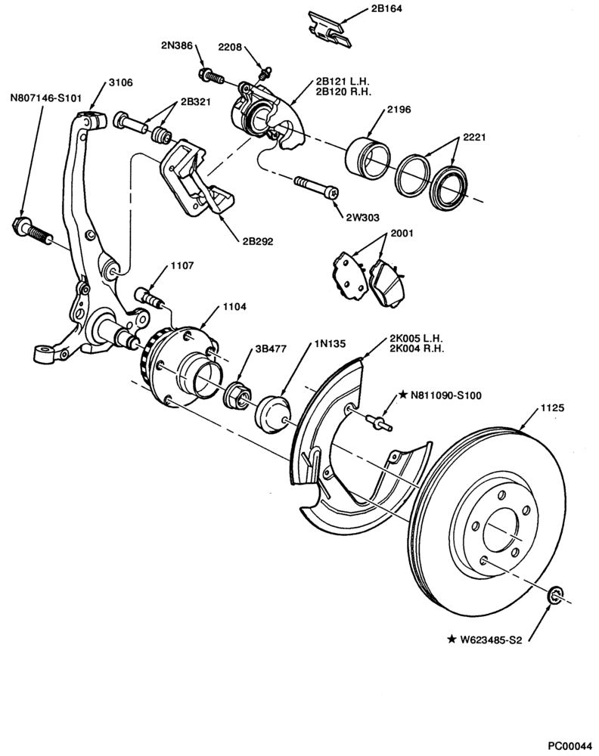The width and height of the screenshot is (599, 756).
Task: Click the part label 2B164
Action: pyautogui.click(x=386, y=8)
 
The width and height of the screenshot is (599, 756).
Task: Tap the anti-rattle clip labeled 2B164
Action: pyautogui.click(x=330, y=29)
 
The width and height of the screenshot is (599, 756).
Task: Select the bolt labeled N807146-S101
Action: pyautogui.click(x=32, y=231)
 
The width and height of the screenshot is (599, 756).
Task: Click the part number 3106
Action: pyautogui.click(x=120, y=82)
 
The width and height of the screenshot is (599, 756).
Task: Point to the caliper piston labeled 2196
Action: pyautogui.click(x=368, y=157)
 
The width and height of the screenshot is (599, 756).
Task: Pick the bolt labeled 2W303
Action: pyautogui.click(x=316, y=187)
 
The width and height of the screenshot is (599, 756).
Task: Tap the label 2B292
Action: pyautogui.click(x=258, y=241)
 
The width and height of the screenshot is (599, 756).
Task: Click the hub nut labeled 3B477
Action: pyautogui.click(x=237, y=395)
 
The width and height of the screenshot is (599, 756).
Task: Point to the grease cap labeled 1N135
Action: pyautogui.click(x=273, y=413)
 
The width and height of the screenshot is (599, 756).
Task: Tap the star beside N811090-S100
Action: pyautogui.click(x=402, y=395)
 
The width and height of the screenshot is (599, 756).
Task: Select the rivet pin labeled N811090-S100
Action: pyautogui.click(x=379, y=423)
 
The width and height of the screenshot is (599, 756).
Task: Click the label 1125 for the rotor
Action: pyautogui.click(x=552, y=408)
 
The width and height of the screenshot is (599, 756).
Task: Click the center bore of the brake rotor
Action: pyautogui.click(x=501, y=531)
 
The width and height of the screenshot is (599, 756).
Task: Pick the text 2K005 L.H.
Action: pyautogui.click(x=416, y=339)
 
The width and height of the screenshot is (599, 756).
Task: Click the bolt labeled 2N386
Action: pyautogui.click(x=211, y=76)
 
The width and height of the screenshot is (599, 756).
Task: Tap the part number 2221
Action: pyautogui.click(x=474, y=138)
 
